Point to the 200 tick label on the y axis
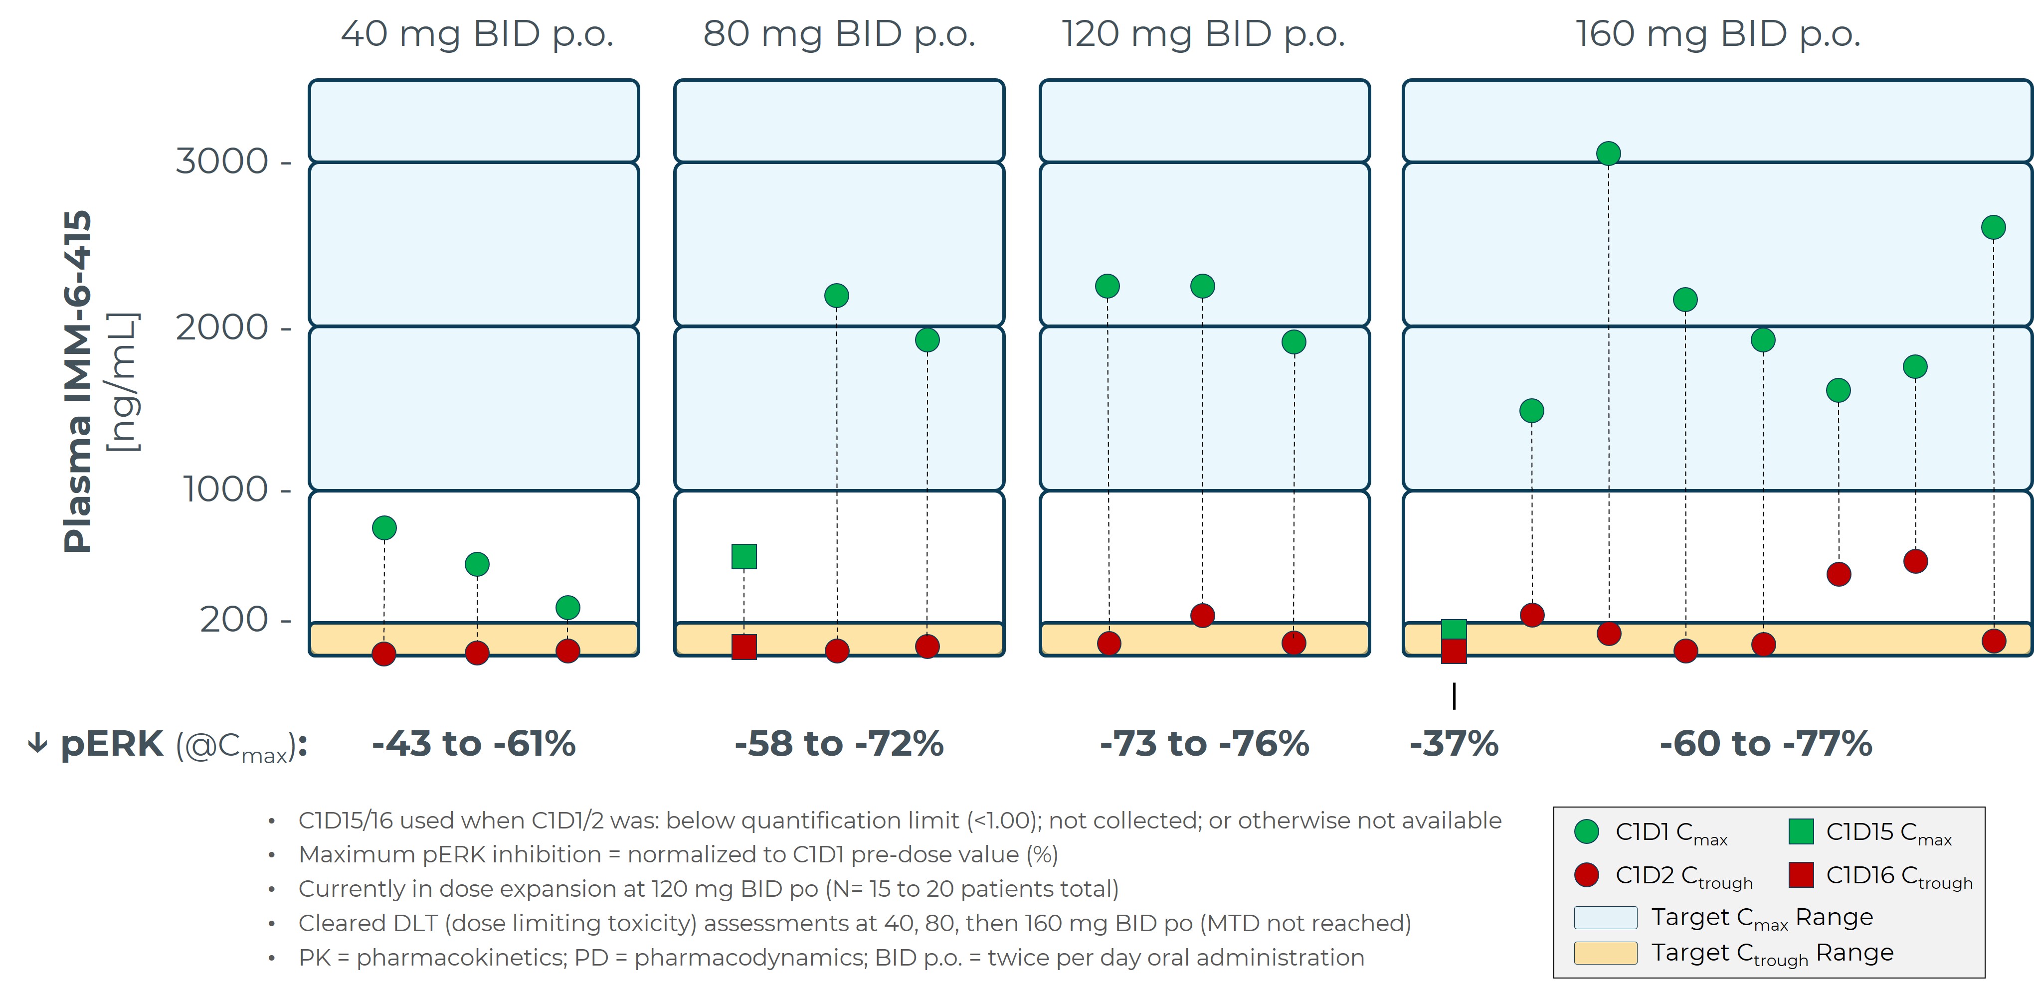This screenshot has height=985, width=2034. [x=234, y=620]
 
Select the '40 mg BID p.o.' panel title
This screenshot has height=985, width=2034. [x=477, y=34]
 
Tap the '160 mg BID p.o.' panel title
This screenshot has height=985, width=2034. [x=1718, y=34]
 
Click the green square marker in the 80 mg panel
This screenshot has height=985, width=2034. [x=744, y=556]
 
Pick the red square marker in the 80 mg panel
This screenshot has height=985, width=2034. [x=744, y=647]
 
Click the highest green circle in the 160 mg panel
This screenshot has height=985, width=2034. [x=1609, y=153]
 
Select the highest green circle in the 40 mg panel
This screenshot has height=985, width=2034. [x=384, y=527]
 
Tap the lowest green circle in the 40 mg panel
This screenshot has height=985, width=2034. [x=568, y=607]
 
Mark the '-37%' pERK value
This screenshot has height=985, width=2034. [x=1454, y=744]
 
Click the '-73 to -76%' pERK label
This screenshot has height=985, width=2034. [x=1204, y=744]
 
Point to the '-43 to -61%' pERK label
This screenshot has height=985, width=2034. [x=474, y=744]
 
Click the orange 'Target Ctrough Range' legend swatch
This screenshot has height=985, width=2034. [x=1605, y=953]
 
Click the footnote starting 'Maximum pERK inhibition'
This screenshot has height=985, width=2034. [x=678, y=855]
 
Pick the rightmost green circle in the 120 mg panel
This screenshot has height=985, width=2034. [x=1294, y=342]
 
